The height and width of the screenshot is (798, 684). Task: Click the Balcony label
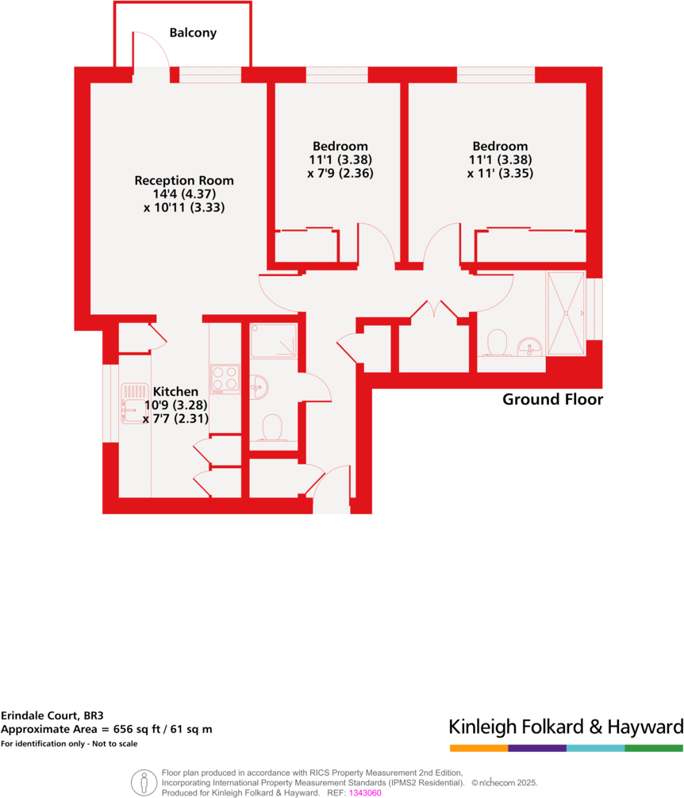(193, 33)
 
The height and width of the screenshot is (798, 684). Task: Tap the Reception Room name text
(184, 180)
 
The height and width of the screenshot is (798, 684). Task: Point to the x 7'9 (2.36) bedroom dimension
(340, 173)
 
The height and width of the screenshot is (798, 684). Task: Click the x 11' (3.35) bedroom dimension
(500, 173)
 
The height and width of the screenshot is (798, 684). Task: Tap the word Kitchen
(175, 391)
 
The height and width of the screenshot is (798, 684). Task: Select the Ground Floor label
(552, 400)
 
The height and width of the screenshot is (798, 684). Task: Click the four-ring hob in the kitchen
(225, 378)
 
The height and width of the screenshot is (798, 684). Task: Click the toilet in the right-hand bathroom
(498, 344)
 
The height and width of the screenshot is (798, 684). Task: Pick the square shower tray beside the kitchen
(273, 341)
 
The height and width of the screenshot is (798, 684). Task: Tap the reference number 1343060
(365, 792)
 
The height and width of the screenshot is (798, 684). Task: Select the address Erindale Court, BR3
(52, 714)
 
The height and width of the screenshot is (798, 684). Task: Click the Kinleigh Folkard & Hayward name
(566, 727)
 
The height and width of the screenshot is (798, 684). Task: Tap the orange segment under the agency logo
(478, 748)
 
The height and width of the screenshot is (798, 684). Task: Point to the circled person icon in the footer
(144, 781)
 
